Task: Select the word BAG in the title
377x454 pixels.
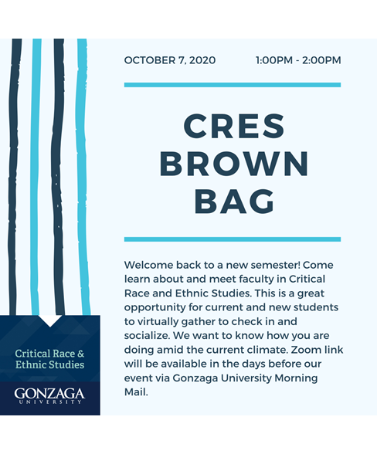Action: point(233,202)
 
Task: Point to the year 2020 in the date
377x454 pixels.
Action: point(202,60)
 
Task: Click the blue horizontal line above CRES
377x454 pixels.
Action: point(233,85)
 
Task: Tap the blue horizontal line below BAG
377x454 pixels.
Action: point(233,239)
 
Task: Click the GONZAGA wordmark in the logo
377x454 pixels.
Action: point(49,394)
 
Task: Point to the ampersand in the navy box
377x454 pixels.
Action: point(80,353)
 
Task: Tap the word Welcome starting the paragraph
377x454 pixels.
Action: point(151,265)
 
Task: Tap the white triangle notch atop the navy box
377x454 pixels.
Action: point(49,320)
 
